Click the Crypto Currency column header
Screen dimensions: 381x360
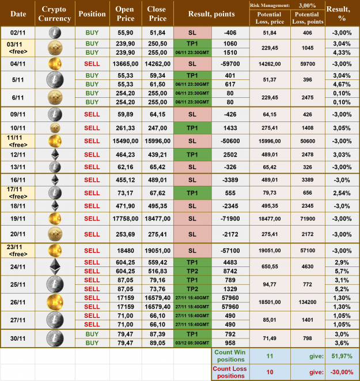point(55,14)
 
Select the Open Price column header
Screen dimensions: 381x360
point(125,14)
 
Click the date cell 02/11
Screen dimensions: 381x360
point(18,33)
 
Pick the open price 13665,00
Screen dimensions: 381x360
point(125,63)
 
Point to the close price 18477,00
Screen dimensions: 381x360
point(157,219)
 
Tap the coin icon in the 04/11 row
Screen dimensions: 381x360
point(55,63)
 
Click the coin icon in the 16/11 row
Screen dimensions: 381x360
point(55,179)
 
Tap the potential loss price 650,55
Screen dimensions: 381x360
point(269,266)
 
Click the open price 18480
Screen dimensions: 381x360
point(125,250)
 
